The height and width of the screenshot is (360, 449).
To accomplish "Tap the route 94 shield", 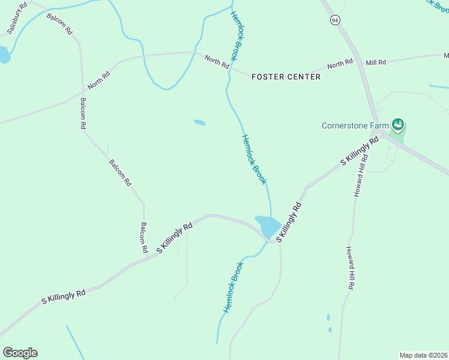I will pyautogui.click(x=334, y=20).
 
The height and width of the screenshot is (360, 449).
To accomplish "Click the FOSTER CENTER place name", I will pyautogui.click(x=286, y=77).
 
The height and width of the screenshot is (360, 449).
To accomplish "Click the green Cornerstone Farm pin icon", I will pyautogui.click(x=397, y=125).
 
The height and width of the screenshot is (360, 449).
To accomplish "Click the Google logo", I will pyautogui.click(x=20, y=353).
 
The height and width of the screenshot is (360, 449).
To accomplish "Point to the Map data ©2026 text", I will pyautogui.click(x=423, y=355).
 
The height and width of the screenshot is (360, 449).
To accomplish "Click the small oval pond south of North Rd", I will pyautogui.click(x=199, y=123).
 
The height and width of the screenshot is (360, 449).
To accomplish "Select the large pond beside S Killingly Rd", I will pyautogui.click(x=267, y=226).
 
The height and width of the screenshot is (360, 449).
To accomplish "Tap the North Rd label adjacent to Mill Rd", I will pyautogui.click(x=340, y=64).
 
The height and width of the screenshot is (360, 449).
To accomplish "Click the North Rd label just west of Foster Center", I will pyautogui.click(x=217, y=62).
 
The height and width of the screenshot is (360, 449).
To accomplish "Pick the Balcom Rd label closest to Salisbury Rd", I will pyautogui.click(x=59, y=22).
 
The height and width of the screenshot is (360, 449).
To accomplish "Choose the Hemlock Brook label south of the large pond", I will pyautogui.click(x=234, y=287).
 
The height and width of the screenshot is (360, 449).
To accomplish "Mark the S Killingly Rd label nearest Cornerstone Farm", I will pyautogui.click(x=360, y=151).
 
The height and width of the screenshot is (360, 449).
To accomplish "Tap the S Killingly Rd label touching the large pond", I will pyautogui.click(x=288, y=223).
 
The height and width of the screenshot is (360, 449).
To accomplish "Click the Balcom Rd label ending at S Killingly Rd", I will pyautogui.click(x=144, y=238).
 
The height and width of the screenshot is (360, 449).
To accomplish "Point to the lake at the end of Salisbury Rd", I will pyautogui.click(x=4, y=55).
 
